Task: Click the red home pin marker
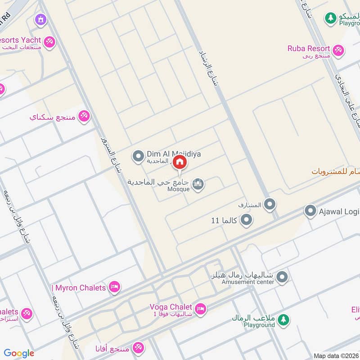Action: pos(180,162)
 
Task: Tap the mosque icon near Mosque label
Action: pos(198,184)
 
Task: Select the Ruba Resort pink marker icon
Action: pos(338,50)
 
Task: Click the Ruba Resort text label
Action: pos(309,49)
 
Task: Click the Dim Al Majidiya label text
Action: pos(174,154)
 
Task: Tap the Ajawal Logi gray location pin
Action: pos(310,211)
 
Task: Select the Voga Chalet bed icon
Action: pos(201,309)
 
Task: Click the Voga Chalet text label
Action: pos(171,307)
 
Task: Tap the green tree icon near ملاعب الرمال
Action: pos(283,320)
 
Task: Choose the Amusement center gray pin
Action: pos(282,277)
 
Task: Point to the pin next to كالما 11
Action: pos(246,220)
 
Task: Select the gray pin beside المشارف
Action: pos(270,205)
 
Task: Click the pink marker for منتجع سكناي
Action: pos(84,117)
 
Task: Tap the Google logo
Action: pos(19,353)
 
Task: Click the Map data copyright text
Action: pos(336,355)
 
